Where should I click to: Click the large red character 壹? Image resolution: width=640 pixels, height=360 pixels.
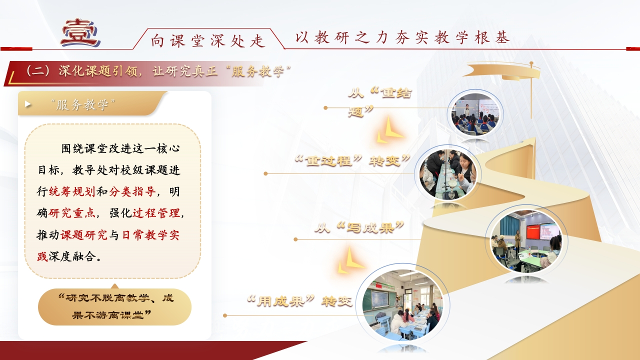80,33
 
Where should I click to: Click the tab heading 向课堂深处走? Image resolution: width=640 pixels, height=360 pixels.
207,40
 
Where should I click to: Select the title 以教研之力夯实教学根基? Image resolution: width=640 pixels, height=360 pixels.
402,37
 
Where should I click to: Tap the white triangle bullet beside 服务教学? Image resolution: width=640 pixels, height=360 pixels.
28,104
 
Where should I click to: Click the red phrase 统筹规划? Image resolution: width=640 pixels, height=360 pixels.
72,191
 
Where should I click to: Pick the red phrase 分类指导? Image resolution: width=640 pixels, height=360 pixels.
132,191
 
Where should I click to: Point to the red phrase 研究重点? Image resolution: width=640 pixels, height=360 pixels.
72,213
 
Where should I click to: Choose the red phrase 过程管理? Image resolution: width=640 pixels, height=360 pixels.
156,213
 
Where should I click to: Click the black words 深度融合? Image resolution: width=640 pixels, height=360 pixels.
72,256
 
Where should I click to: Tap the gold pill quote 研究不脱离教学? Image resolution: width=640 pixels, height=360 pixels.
115,307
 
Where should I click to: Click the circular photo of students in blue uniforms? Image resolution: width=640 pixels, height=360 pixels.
475,114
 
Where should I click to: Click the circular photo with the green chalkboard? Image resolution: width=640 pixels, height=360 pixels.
402,305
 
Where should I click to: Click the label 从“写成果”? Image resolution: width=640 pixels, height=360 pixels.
359,227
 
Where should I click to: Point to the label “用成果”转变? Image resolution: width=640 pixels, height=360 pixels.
299,301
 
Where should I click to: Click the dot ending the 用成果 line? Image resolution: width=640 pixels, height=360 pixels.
225,315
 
